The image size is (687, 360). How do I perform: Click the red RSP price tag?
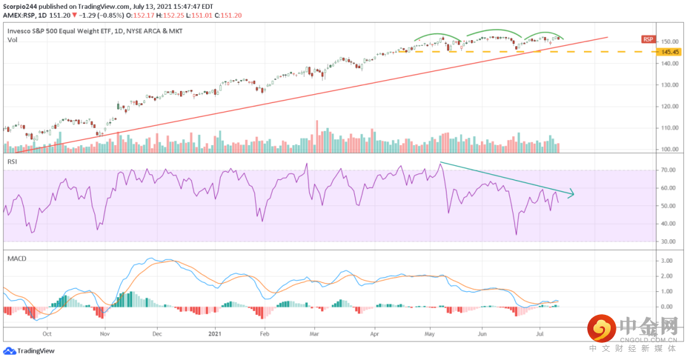click(648, 39)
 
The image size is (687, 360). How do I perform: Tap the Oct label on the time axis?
click(46, 333)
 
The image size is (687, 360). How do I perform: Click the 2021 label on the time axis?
click(216, 333)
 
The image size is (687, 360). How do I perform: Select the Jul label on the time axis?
click(540, 333)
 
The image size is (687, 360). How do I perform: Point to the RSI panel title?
click(12, 162)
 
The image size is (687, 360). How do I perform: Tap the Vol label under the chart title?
click(12, 39)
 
